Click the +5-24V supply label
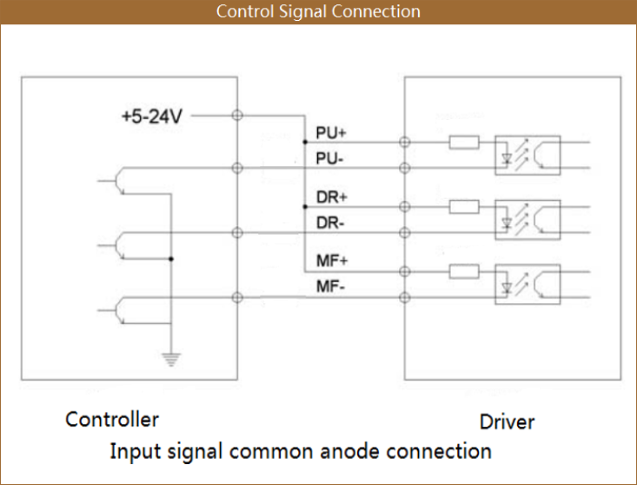pyautogui.click(x=151, y=116)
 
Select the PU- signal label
pyautogui.click(x=330, y=159)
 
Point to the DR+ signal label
pyautogui.click(x=331, y=198)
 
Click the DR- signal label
pyautogui.click(x=330, y=223)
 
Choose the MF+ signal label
pyautogui.click(x=331, y=262)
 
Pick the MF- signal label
pyautogui.click(x=330, y=288)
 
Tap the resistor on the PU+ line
pyautogui.click(x=464, y=142)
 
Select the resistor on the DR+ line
pyautogui.click(x=464, y=207)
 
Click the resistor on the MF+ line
pyautogui.click(x=464, y=271)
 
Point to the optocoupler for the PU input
pyautogui.click(x=528, y=155)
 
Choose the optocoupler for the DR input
pyautogui.click(x=528, y=220)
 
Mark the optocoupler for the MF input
pyautogui.click(x=528, y=283)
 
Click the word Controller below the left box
pyautogui.click(x=112, y=420)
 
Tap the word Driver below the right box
pyautogui.click(x=507, y=422)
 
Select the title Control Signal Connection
pyautogui.click(x=318, y=11)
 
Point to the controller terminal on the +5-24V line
pyautogui.click(x=236, y=115)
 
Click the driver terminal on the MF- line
pyautogui.click(x=403, y=297)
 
